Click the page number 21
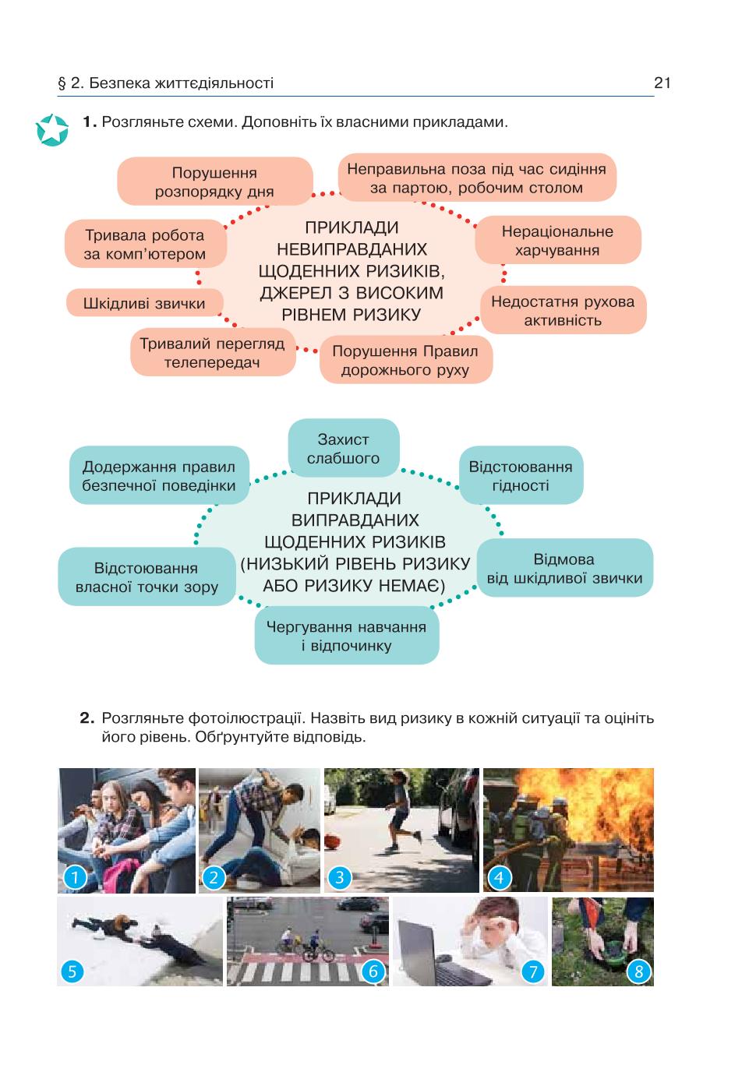pos(662,83)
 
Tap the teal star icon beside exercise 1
pos(52,130)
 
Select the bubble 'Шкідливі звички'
pos(144,303)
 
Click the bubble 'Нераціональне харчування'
pos(558,241)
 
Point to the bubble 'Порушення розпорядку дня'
pos(214,182)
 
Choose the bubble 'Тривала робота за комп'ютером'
pos(145,244)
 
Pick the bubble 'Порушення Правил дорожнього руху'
pos(405,360)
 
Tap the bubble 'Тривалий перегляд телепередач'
pos(213,352)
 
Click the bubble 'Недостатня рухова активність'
pos(563,310)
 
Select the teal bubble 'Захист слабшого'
pos(344,449)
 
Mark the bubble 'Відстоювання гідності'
pos(521,475)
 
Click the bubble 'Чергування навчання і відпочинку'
pos(346,636)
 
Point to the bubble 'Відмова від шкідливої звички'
pos(564,568)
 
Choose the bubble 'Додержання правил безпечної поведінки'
pos(159,475)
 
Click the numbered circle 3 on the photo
pos(340,877)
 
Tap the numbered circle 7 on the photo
pos(533,971)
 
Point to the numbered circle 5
pos(72,971)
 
